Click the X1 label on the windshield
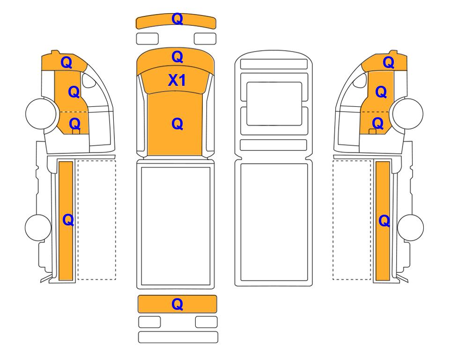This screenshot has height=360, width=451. (177, 80)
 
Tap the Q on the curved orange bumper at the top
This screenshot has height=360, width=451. (177, 19)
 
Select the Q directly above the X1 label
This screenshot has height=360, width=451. (177, 57)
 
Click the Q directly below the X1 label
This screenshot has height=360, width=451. (177, 124)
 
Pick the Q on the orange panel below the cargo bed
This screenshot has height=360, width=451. (177, 304)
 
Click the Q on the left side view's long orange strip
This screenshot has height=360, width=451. (68, 220)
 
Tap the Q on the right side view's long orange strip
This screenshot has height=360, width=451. (384, 221)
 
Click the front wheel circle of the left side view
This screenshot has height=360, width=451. (41, 113)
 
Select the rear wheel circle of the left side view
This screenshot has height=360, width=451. (38, 227)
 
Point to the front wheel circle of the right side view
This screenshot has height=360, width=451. (408, 113)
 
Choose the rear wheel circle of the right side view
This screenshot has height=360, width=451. (410, 227)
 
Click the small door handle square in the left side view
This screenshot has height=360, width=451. (76, 132)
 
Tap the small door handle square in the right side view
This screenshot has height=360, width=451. (372, 132)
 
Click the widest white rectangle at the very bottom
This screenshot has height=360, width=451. (178, 337)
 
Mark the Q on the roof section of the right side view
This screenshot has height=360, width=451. (388, 62)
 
